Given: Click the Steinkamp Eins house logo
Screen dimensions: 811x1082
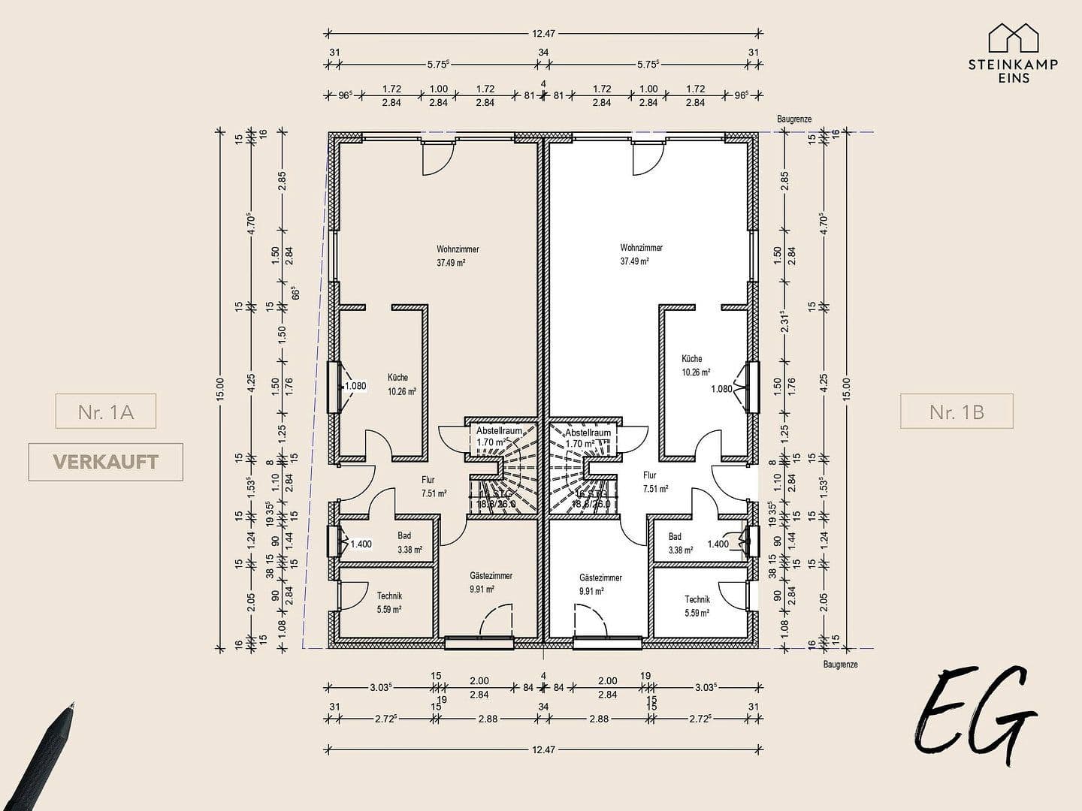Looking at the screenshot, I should point(1013,38).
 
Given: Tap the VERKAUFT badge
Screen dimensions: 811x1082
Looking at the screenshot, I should point(105,462).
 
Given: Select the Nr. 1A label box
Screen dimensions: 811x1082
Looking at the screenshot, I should point(105,412).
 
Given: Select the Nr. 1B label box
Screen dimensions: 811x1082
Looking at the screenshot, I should point(957,412).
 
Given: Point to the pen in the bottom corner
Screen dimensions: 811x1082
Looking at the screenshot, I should point(41,758).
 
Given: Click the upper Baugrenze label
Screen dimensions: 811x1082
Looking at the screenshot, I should point(794,119).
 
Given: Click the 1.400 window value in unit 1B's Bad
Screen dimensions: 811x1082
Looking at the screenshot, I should point(718,544).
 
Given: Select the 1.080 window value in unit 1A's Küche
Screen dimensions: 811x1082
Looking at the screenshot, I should point(355,387).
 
